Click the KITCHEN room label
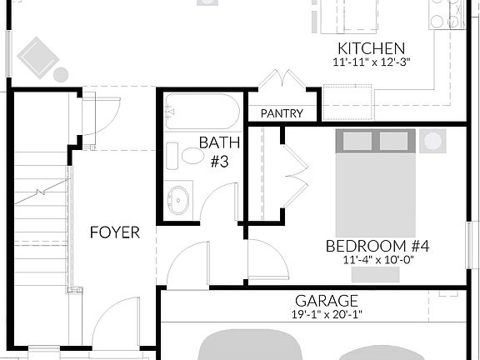click(x=371, y=48)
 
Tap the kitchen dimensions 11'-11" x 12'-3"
click(x=371, y=62)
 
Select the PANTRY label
click(x=282, y=113)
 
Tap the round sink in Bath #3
click(x=178, y=200)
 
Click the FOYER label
click(x=115, y=232)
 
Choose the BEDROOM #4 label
click(x=377, y=246)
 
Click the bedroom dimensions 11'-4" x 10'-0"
click(x=377, y=259)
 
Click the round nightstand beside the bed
click(x=432, y=141)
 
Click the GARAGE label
click(x=326, y=301)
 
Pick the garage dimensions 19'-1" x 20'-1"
click(x=326, y=314)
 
